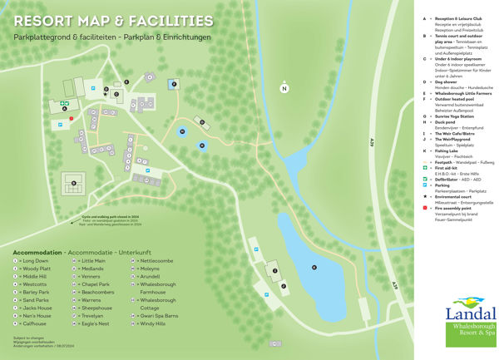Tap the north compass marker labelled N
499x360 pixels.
pyautogui.click(x=284, y=88)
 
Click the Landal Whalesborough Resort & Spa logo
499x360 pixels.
pyautogui.click(x=470, y=323)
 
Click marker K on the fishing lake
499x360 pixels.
pyautogui.click(x=314, y=266)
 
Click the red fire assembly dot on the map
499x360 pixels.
pyautogui.click(x=72, y=118)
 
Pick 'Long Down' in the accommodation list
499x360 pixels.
pyautogui.click(x=36, y=261)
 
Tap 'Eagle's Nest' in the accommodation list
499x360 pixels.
pyautogui.click(x=96, y=323)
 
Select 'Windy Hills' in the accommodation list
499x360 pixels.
pyautogui.click(x=153, y=323)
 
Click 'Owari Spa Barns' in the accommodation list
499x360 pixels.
pyautogui.click(x=159, y=316)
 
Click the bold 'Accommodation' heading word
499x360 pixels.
pyautogui.click(x=37, y=252)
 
